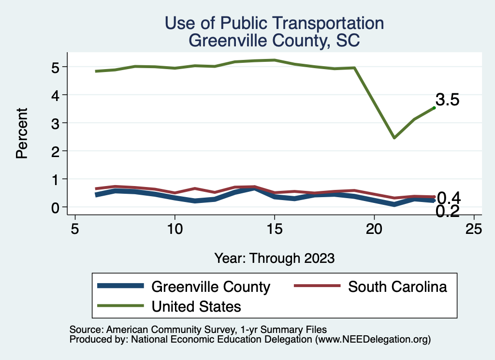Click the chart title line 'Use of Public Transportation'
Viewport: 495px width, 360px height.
pos(274,23)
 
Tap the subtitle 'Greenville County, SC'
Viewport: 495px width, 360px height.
pos(274,40)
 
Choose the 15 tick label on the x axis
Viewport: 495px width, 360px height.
pos(274,228)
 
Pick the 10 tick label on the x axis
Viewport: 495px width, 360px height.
pos(174,228)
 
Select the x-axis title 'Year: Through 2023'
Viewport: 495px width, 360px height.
pos(274,258)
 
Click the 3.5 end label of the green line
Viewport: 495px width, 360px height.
pos(447,100)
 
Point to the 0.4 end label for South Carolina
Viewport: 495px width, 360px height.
pos(448,198)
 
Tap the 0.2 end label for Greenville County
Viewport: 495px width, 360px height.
pos(447,211)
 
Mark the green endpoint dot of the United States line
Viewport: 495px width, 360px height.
pos(434,108)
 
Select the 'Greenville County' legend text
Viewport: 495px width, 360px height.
pos(210,287)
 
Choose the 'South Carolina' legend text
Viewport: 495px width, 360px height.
pos(397,287)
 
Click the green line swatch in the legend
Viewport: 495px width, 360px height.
pos(120,306)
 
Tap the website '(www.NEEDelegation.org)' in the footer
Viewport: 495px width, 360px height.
pos(373,340)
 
